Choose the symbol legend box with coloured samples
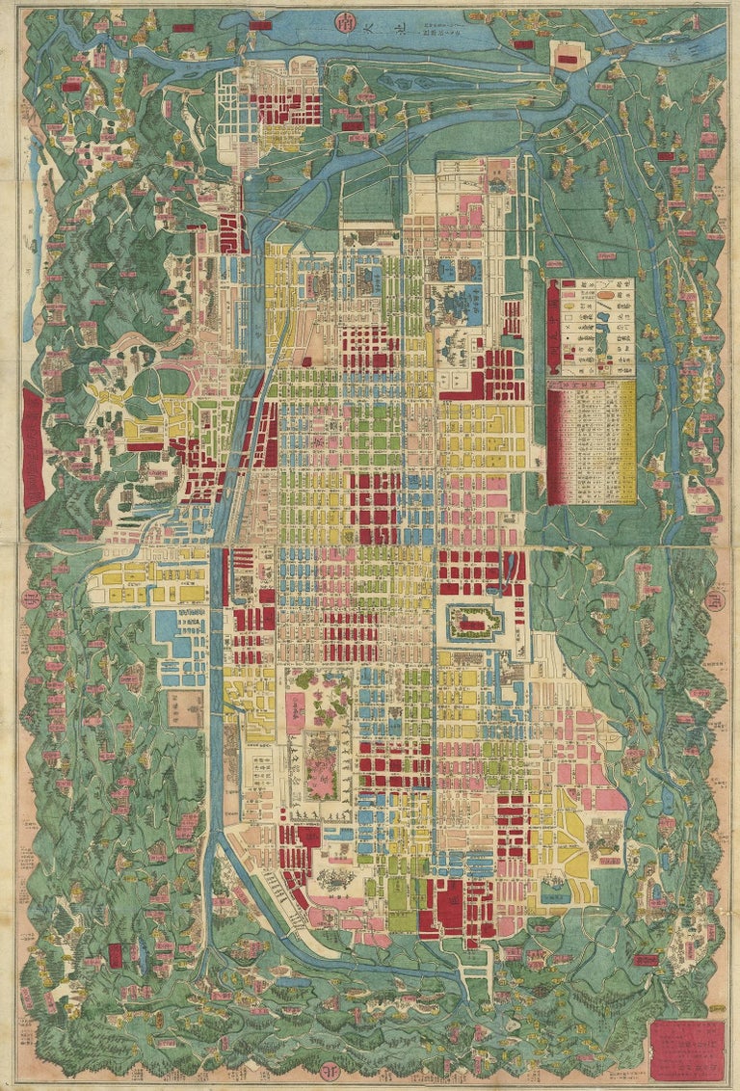click(x=591, y=327)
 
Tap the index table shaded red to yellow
click(x=591, y=441)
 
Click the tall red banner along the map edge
click(x=33, y=447)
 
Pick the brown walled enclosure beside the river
click(x=183, y=708)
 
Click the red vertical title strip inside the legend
click(x=554, y=327)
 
